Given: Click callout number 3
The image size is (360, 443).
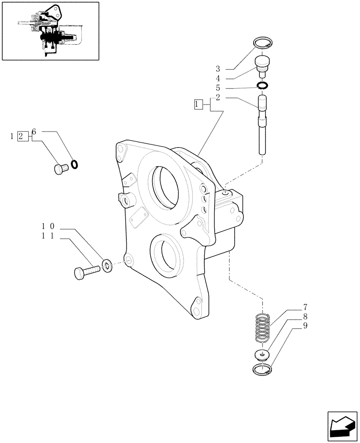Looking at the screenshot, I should click(218, 69).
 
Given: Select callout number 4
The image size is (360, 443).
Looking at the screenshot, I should click(218, 78).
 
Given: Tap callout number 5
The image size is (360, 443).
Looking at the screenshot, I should click(218, 88).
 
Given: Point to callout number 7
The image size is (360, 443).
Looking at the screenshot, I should click(305, 307).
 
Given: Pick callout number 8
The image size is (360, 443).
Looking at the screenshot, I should click(305, 317).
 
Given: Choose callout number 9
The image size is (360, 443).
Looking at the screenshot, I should click(305, 326).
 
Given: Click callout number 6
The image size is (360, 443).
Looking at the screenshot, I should click(34, 132).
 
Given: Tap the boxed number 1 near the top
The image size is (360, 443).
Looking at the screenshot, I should click(198, 105).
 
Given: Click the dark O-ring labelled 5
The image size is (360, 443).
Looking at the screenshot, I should click(262, 85).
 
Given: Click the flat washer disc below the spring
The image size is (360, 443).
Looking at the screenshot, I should click(263, 354).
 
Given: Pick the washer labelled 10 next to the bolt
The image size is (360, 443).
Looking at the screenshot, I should click(107, 265).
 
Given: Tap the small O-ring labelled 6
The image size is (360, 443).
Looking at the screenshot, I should click(75, 164).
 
